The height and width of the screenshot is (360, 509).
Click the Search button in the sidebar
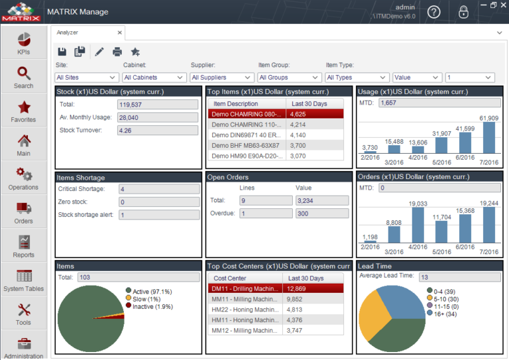(24, 77)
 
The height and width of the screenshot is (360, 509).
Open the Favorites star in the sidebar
(24, 111)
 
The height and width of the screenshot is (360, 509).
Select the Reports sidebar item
(24, 246)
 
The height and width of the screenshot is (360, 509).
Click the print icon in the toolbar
(117, 52)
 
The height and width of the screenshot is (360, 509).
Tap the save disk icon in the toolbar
(62, 52)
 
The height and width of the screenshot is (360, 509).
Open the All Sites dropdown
(86, 78)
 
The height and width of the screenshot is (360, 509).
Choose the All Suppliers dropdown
(221, 78)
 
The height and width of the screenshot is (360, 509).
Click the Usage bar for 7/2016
(489, 137)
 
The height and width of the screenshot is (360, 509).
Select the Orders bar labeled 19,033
(418, 225)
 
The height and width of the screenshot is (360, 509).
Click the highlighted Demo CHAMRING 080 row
(247, 114)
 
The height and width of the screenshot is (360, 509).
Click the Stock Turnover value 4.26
(158, 131)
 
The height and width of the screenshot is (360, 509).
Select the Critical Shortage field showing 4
(158, 190)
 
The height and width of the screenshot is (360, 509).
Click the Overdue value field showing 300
(321, 213)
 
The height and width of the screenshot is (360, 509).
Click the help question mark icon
(433, 12)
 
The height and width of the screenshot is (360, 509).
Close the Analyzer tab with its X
(119, 32)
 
